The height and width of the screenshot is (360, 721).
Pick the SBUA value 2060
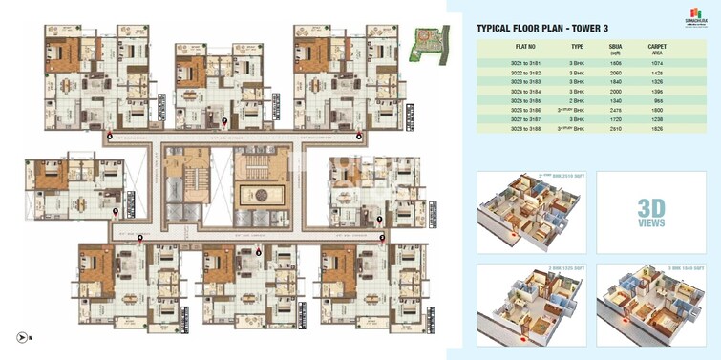pos(616,72)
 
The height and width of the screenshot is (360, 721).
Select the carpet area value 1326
pos(656,82)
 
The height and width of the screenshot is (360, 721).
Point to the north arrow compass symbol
pos(22,336)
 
